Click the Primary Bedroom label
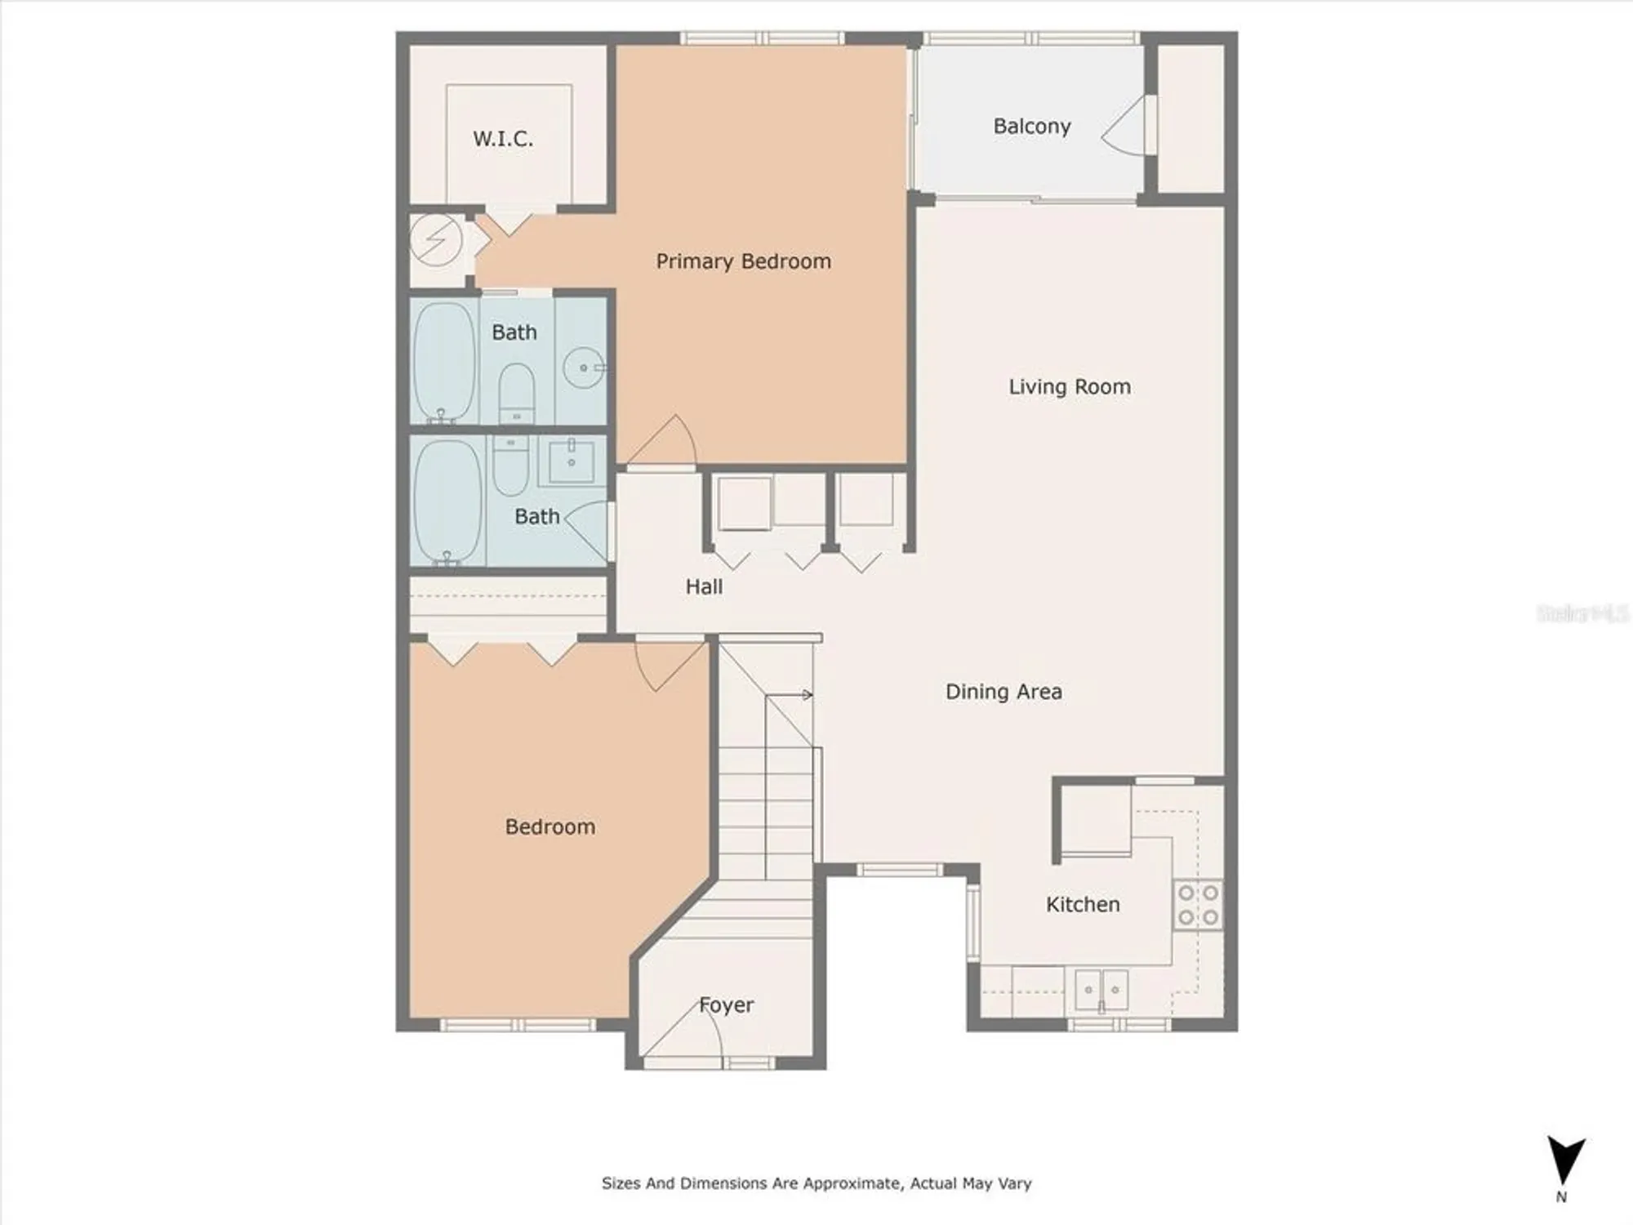pyautogui.click(x=743, y=261)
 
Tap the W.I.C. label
pyautogui.click(x=503, y=139)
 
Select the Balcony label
pyautogui.click(x=1031, y=127)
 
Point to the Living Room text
pyautogui.click(x=1070, y=387)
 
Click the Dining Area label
pyautogui.click(x=1003, y=693)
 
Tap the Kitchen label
pyautogui.click(x=1083, y=905)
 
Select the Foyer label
pyautogui.click(x=726, y=1005)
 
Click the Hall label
pyautogui.click(x=704, y=587)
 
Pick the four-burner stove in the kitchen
pyautogui.click(x=1198, y=905)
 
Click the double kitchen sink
pyautogui.click(x=1101, y=990)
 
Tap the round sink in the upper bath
pyautogui.click(x=583, y=367)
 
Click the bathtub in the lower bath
pyautogui.click(x=447, y=501)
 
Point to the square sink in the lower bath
pyautogui.click(x=571, y=461)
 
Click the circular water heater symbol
pyautogui.click(x=435, y=241)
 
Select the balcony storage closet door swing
pyautogui.click(x=1125, y=127)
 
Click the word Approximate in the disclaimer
pyautogui.click(x=852, y=1183)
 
